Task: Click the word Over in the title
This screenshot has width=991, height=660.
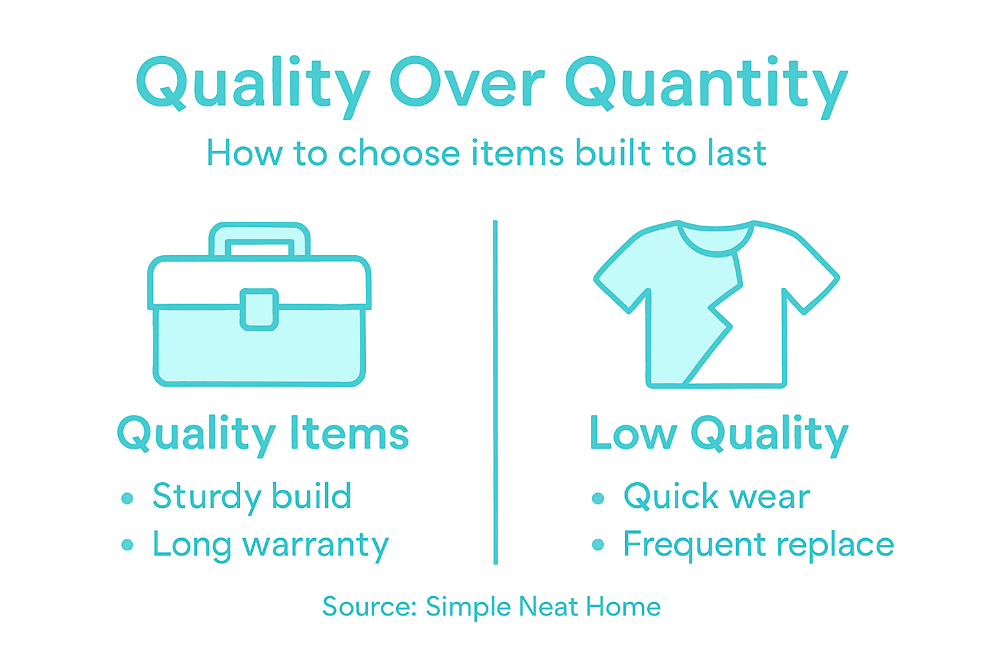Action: point(467,84)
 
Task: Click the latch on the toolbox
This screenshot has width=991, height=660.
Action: point(259,309)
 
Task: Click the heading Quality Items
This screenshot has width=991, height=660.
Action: point(263,434)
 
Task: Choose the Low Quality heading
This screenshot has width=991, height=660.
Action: point(719,434)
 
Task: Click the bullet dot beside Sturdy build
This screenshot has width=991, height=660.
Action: point(127,498)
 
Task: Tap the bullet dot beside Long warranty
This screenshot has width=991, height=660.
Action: point(127,545)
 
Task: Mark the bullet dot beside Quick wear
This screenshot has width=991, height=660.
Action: point(598,498)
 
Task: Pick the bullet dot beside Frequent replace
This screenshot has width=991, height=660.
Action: point(598,545)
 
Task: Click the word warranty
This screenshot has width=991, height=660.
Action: point(315,546)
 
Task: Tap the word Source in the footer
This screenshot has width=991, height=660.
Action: point(369,607)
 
